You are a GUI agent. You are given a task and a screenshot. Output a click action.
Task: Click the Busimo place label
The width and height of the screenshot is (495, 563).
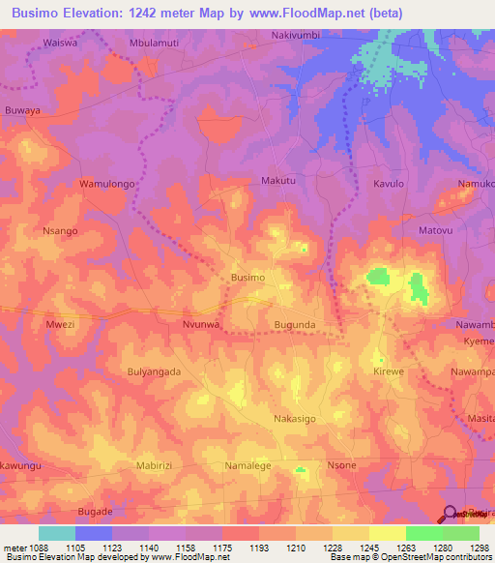(248, 278)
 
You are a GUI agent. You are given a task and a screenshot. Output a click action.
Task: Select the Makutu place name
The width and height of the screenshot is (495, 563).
(278, 181)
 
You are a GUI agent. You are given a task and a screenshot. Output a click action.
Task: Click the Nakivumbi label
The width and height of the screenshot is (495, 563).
(295, 35)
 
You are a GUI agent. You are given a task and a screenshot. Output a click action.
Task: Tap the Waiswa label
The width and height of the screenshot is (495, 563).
(60, 44)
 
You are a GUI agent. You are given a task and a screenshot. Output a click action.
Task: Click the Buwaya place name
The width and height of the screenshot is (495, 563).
(22, 111)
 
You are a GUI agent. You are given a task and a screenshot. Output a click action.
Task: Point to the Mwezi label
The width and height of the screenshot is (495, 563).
(60, 325)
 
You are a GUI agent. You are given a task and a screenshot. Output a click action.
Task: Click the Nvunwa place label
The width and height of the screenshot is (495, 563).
(202, 325)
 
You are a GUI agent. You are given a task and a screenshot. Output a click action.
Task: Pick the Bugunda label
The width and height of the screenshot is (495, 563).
(296, 325)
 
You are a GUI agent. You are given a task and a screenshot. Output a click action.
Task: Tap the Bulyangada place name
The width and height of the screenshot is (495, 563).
(154, 371)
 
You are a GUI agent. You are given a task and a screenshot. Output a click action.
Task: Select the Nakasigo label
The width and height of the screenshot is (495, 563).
(295, 418)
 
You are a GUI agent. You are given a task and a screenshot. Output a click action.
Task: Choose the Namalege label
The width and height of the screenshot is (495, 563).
(248, 465)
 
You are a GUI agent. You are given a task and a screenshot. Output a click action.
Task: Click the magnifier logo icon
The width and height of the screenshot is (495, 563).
(449, 515)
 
